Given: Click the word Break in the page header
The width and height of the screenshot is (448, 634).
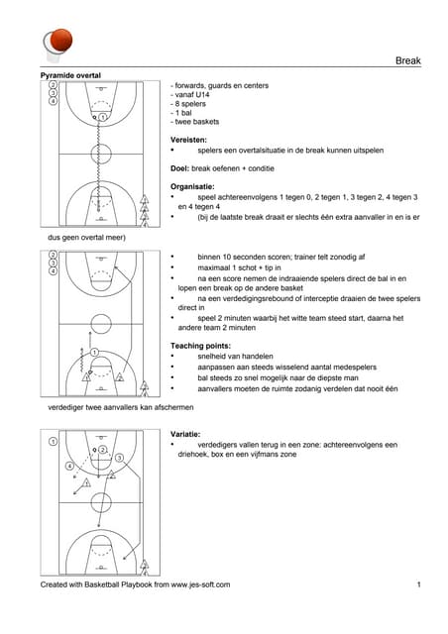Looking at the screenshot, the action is pyautogui.click(x=408, y=60).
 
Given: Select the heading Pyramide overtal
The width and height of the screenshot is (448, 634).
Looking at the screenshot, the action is pyautogui.click(x=70, y=75).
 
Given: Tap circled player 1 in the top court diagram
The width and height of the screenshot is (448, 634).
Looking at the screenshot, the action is pyautogui.click(x=103, y=117).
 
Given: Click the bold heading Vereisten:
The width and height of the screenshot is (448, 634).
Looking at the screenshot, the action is pyautogui.click(x=188, y=140).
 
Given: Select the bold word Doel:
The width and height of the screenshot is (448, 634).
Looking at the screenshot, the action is pyautogui.click(x=179, y=168).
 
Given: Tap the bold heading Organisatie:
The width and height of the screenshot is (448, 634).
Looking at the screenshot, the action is pyautogui.click(x=192, y=187).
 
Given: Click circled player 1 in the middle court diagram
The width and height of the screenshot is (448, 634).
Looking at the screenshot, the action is pyautogui.click(x=94, y=353).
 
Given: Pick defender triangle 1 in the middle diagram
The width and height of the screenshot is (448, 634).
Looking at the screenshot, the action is pyautogui.click(x=86, y=377).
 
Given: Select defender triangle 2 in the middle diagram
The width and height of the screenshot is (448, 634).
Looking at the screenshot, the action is pyautogui.click(x=120, y=377).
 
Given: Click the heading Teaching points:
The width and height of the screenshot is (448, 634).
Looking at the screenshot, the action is pyautogui.click(x=200, y=346).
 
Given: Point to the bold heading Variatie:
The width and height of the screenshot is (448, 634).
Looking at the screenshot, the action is pyautogui.click(x=185, y=434).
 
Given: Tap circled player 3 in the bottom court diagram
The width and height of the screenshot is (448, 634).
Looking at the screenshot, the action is pyautogui.click(x=119, y=458).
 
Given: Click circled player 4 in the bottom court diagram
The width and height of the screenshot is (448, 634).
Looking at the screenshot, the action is pyautogui.click(x=69, y=467).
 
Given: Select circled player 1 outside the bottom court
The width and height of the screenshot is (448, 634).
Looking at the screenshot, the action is pyautogui.click(x=53, y=442).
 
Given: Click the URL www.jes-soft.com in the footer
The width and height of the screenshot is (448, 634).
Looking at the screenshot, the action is pyautogui.click(x=200, y=584).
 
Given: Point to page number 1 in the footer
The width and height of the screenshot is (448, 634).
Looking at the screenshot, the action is pyautogui.click(x=419, y=584).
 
